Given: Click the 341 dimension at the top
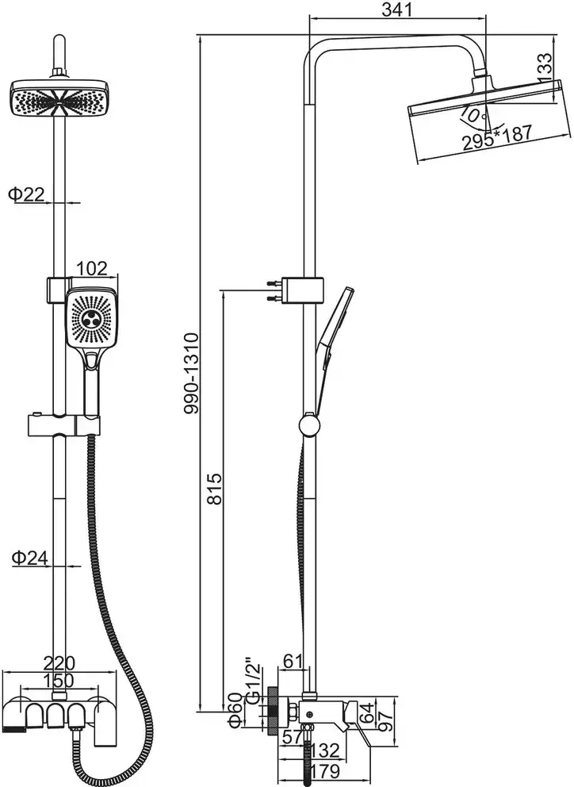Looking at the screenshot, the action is point(397,10).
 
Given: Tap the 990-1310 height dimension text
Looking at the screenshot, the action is point(192,374).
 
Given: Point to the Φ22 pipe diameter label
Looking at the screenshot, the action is point(27,194).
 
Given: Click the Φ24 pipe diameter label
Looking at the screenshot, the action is point(29,558).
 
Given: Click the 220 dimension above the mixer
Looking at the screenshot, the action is point(59,663).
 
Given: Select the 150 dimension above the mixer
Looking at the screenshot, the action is point(58,681).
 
